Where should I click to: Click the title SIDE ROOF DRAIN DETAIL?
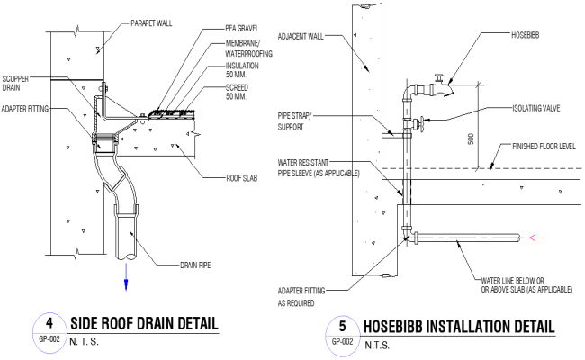tap(144, 323)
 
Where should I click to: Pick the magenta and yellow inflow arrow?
tap(537, 238)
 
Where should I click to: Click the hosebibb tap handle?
tap(436, 79)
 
